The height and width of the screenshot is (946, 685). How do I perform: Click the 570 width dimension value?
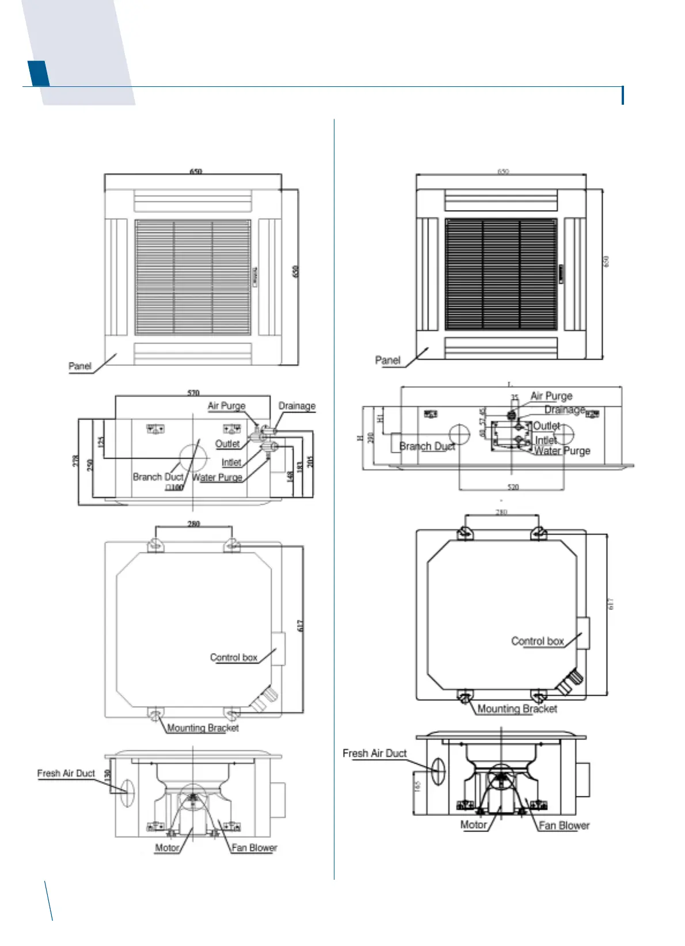point(193,393)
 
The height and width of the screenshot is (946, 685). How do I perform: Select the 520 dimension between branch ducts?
point(513,487)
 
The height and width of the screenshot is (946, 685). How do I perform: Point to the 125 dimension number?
point(101,443)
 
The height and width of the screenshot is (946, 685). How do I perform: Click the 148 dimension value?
point(291,476)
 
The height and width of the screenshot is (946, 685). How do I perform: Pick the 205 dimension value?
point(310,461)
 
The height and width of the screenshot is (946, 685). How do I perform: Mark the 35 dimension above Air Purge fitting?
point(515,397)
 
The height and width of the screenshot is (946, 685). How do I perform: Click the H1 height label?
point(380,418)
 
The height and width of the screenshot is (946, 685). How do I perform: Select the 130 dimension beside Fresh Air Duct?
point(108,775)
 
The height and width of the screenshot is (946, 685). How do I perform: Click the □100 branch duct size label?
point(174,487)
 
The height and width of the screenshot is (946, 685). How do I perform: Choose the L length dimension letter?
point(509,384)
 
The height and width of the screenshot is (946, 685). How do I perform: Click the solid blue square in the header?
point(38,73)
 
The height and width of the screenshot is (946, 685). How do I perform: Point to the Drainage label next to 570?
point(297,406)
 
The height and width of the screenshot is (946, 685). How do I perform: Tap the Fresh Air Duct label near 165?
point(374,753)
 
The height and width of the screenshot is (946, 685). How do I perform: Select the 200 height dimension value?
point(371,437)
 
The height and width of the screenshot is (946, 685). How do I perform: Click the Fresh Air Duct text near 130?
point(66,773)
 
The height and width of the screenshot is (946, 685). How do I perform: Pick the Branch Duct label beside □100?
point(158,476)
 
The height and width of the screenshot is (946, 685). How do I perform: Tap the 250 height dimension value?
point(90,465)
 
